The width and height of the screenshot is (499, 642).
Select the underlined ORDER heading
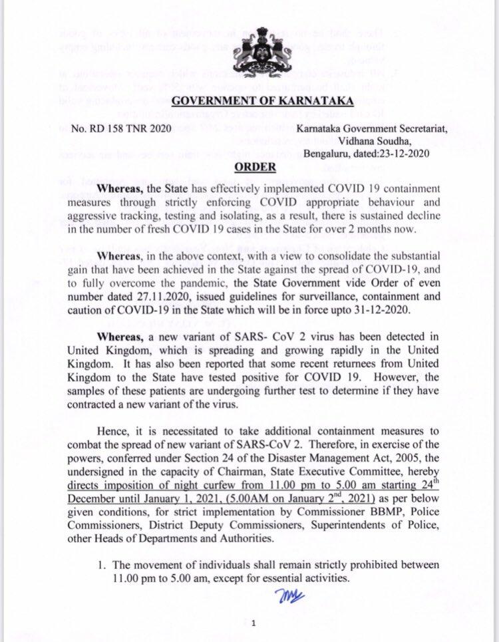click(251, 168)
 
